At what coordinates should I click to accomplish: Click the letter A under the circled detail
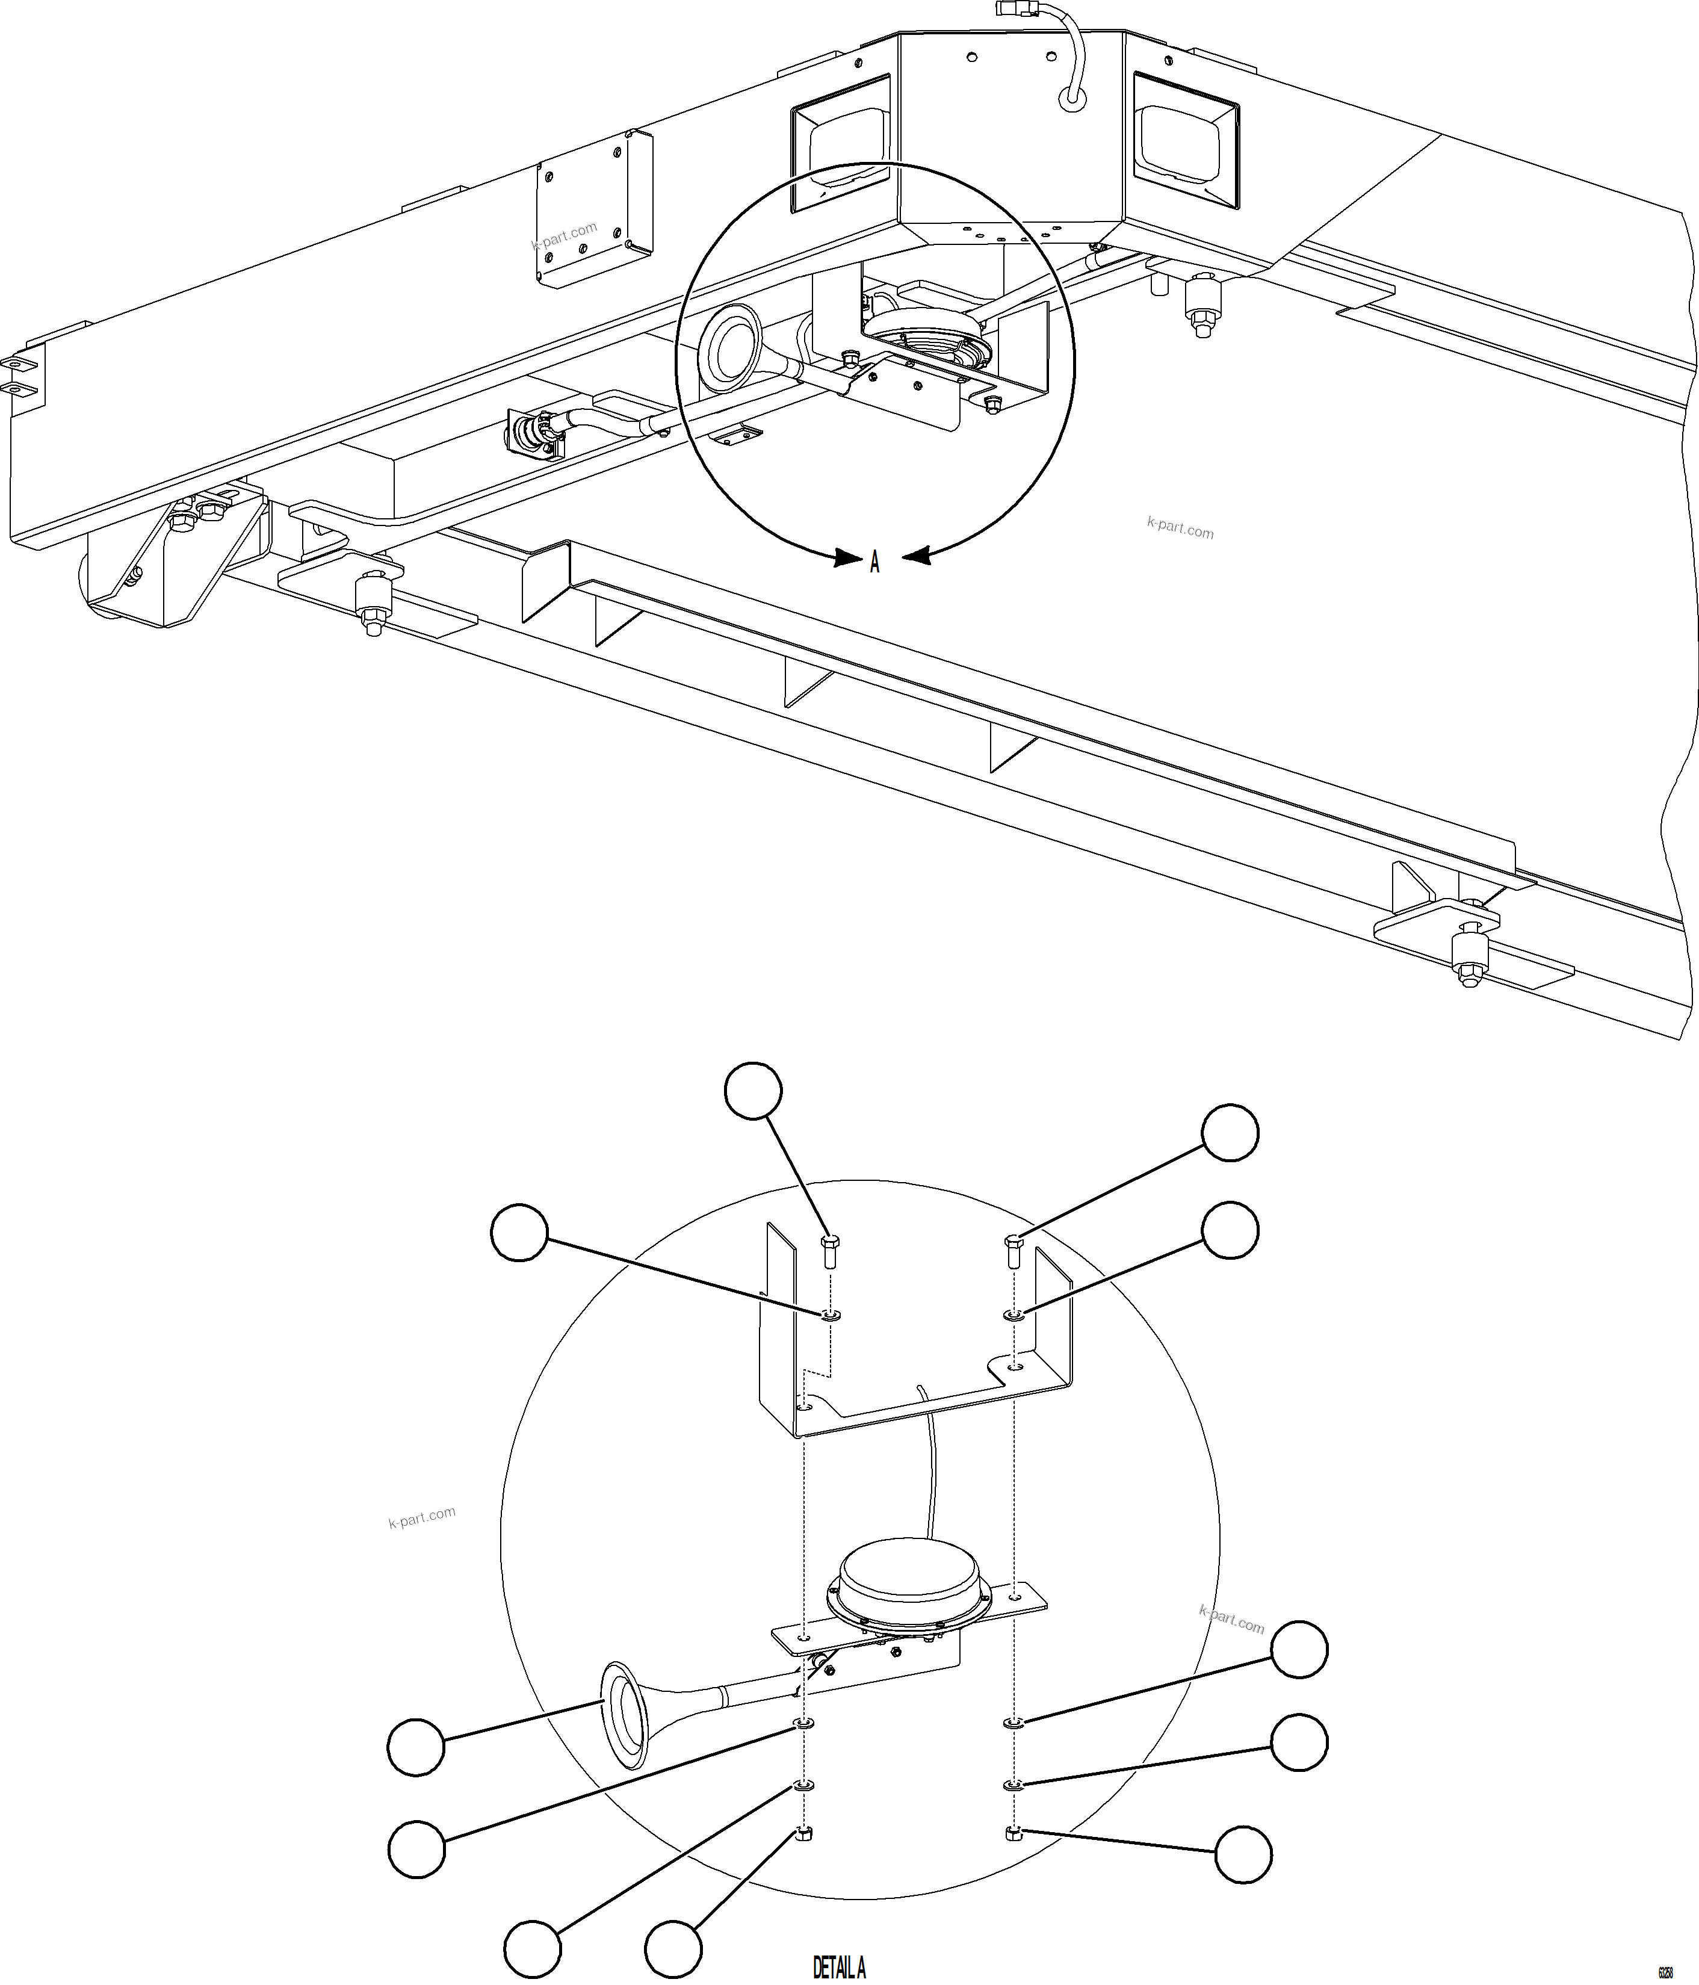click(x=874, y=563)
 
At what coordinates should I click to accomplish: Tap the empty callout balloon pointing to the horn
click(x=416, y=1747)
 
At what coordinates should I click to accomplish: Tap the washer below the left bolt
click(x=831, y=1315)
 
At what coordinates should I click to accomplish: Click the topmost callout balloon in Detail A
click(x=754, y=1090)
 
